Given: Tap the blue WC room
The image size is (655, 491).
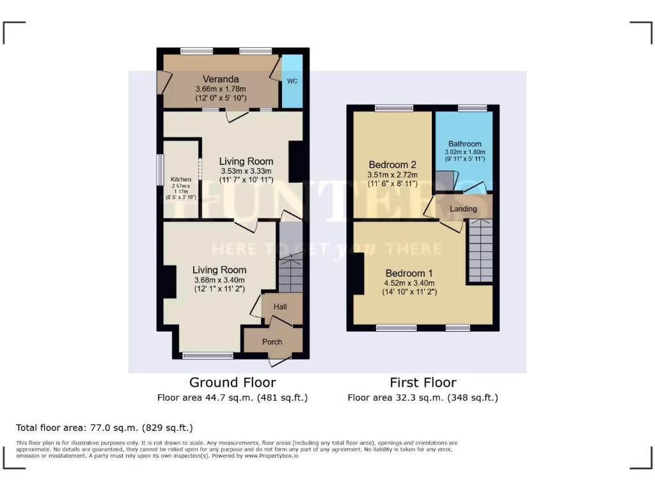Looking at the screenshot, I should click(x=292, y=81).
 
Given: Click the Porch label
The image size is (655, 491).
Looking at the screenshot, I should click(x=272, y=342).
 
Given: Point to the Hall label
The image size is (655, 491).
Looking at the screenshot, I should click(x=280, y=307).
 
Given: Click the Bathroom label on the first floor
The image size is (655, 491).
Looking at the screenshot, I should click(x=464, y=144).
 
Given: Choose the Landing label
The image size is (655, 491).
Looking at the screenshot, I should click(x=463, y=209).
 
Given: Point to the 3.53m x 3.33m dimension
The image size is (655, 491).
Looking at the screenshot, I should click(x=246, y=171).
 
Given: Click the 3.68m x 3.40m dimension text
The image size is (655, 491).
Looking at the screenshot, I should click(x=219, y=279).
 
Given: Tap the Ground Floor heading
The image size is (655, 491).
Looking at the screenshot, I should click(x=233, y=382).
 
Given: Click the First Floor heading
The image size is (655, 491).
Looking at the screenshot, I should click(x=423, y=382).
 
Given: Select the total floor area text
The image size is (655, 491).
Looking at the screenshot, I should click(x=104, y=428).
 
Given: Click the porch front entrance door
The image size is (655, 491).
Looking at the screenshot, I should click(x=278, y=362).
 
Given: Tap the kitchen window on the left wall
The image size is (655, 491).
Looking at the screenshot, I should click(x=161, y=171).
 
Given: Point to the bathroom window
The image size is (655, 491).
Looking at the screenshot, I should click(x=471, y=109).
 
